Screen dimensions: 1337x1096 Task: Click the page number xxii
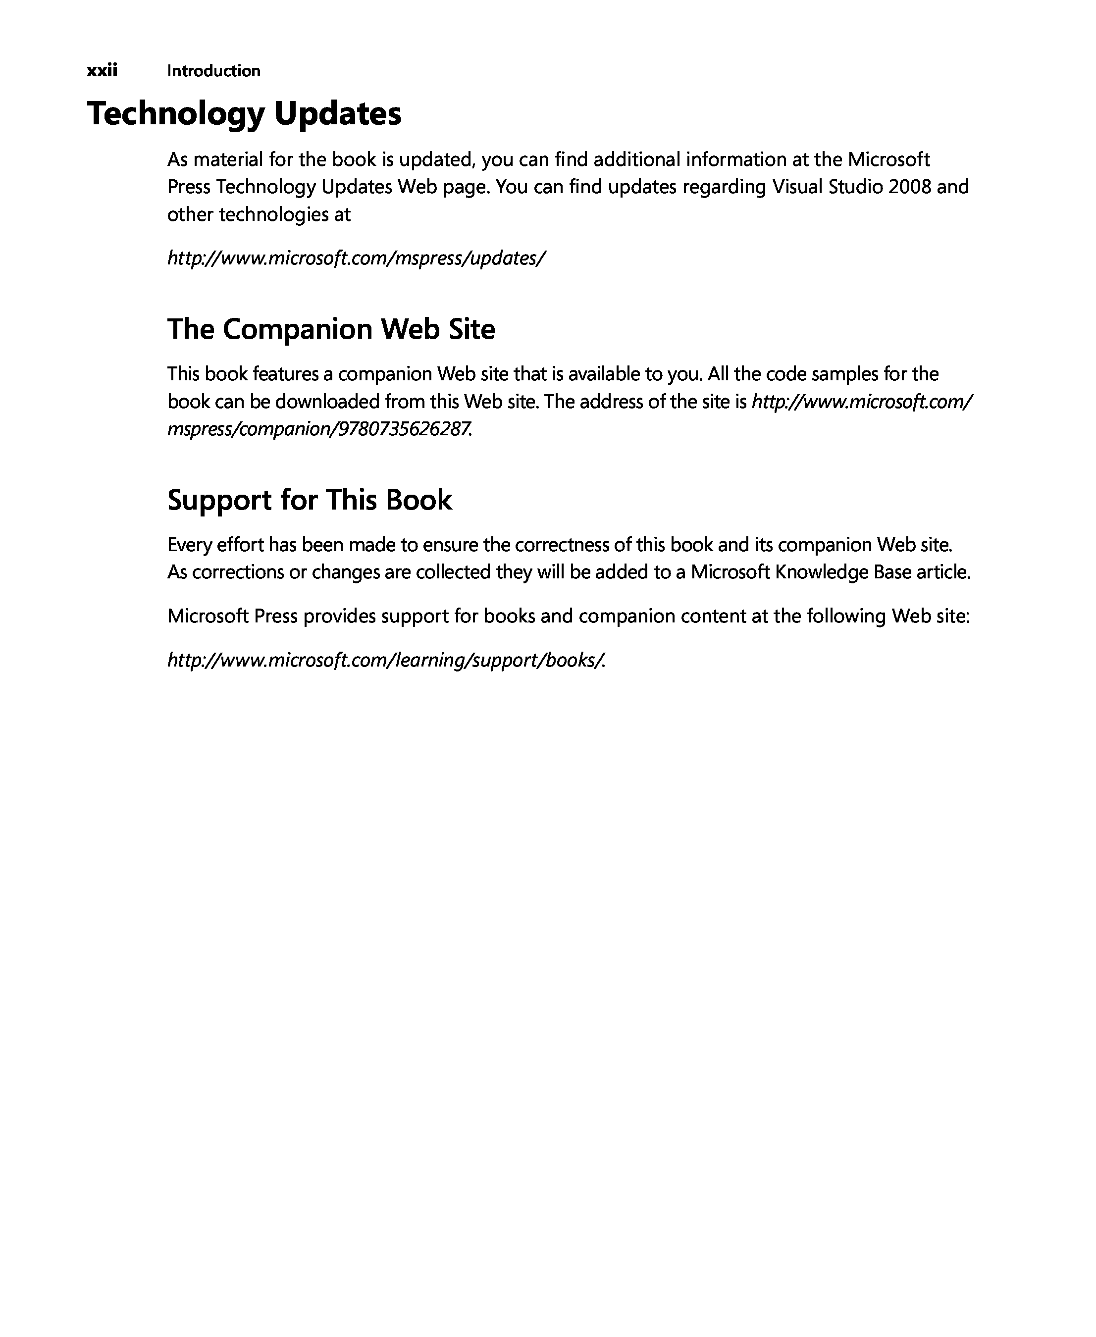tap(102, 70)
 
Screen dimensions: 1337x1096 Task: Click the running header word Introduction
tap(213, 71)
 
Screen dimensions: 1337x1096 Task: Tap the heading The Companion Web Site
tap(331, 329)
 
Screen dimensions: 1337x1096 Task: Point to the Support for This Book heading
tap(310, 500)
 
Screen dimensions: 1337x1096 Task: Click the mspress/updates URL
tap(356, 258)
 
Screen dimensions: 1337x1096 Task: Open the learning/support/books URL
tap(386, 660)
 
